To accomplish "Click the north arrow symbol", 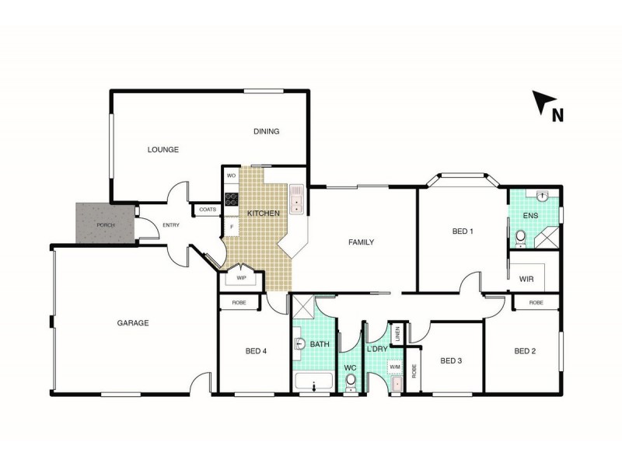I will click(544, 103).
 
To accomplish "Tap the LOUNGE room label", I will click(163, 149).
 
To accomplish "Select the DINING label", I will click(266, 131).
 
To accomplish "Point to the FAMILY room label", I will click(361, 242).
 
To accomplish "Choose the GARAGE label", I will click(133, 322).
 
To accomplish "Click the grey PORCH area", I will click(105, 224).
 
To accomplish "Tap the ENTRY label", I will click(171, 226).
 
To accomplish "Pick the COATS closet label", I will click(208, 209).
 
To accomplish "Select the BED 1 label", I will click(463, 231).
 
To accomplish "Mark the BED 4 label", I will click(256, 351).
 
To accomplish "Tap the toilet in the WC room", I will click(351, 381).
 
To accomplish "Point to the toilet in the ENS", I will click(520, 238).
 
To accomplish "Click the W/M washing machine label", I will click(394, 367).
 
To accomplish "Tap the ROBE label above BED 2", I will click(536, 302).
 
